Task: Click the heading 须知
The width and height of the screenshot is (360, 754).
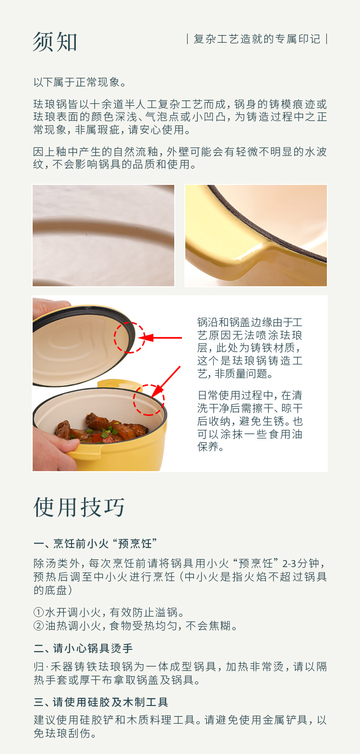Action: (55, 42)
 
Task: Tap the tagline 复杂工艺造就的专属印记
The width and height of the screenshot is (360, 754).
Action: (257, 39)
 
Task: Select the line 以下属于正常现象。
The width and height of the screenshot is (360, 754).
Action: (80, 82)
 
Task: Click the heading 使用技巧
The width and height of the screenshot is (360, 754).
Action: (79, 507)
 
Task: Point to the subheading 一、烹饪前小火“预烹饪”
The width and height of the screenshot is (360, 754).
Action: (96, 543)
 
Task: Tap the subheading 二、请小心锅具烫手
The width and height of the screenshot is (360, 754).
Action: (84, 648)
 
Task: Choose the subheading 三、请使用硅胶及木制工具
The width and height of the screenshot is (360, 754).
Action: (101, 702)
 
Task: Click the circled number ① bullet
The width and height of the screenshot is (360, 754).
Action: (39, 612)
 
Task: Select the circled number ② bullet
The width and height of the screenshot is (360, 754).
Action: (39, 626)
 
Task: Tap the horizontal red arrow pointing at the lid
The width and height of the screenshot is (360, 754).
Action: (160, 338)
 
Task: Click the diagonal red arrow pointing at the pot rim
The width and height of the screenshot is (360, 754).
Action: (165, 383)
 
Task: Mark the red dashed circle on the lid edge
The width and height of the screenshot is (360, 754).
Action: (130, 338)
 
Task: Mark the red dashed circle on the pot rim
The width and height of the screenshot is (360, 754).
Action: (149, 400)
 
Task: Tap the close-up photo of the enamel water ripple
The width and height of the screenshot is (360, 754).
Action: (104, 235)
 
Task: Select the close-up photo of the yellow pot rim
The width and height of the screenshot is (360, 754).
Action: (256, 235)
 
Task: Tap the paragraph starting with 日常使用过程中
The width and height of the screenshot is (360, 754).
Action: (250, 421)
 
